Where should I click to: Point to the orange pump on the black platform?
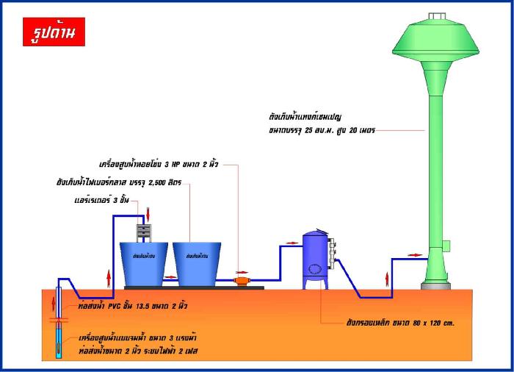[242, 280]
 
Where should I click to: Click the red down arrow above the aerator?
[148, 214]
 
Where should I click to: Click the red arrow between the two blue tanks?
[171, 277]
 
